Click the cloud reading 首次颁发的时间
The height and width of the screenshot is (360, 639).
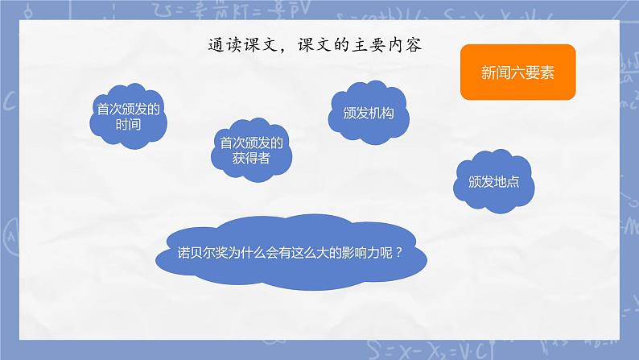[129, 118]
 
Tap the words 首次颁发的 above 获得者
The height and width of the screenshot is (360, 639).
[253, 143]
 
